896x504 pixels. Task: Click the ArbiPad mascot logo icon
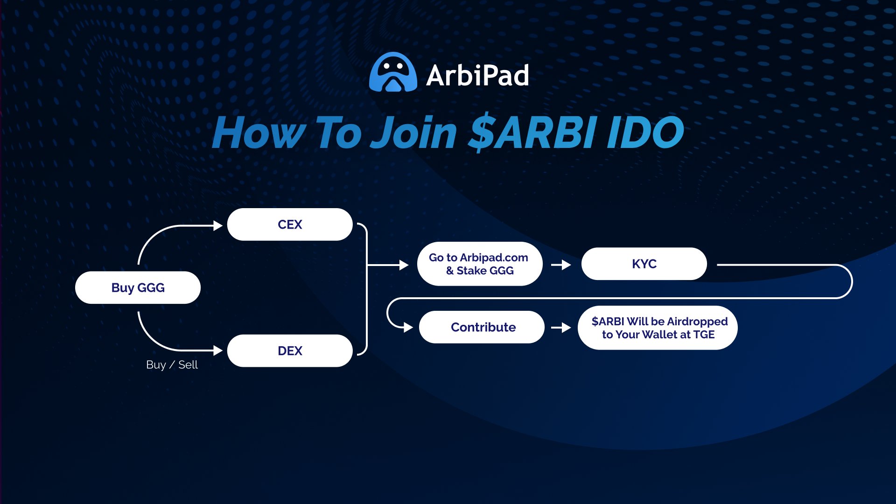(393, 72)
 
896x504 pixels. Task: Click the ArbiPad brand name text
(477, 75)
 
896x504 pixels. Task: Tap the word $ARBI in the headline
(532, 133)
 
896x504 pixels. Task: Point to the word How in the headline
(259, 133)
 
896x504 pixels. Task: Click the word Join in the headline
(413, 133)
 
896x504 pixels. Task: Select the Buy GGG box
(138, 287)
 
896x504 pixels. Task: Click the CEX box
(290, 224)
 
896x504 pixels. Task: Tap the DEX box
(290, 350)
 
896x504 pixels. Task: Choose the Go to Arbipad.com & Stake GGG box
(480, 264)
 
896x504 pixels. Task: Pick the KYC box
(644, 264)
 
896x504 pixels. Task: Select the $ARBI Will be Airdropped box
(658, 328)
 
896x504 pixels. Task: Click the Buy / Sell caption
(172, 364)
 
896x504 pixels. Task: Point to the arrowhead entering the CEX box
(218, 226)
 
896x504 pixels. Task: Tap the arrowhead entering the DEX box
(218, 350)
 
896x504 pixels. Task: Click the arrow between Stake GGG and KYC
(561, 265)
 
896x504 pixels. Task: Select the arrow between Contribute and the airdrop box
(561, 328)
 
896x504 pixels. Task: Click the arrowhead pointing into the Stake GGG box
(404, 265)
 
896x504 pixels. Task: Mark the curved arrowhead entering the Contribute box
(408, 328)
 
